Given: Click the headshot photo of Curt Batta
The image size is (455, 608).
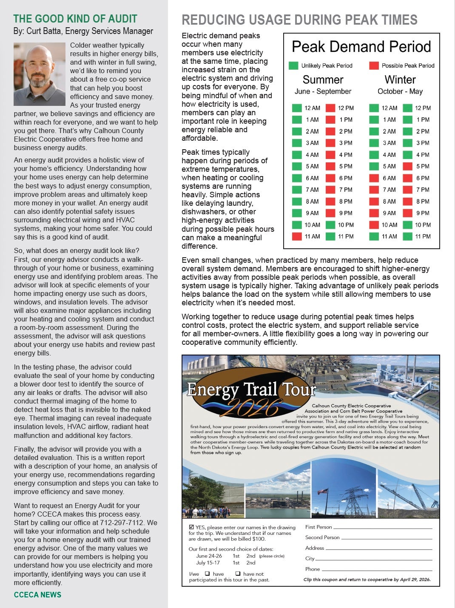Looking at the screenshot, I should pyautogui.click(x=40, y=74).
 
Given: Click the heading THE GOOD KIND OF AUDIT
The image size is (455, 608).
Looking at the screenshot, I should pyautogui.click(x=75, y=19).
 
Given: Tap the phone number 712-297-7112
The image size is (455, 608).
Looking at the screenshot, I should pyautogui.click(x=123, y=523).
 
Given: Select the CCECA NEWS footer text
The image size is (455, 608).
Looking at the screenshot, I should pyautogui.click(x=37, y=595).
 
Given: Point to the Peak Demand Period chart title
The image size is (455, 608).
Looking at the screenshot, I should pyautogui.click(x=361, y=47).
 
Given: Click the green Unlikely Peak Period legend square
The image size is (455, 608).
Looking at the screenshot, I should pyautogui.click(x=293, y=65).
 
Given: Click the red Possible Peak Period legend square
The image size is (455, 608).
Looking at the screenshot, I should pyautogui.click(x=374, y=65).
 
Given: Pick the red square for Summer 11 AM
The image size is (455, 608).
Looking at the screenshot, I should pyautogui.click(x=297, y=236).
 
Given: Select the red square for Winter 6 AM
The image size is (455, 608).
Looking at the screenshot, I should pyautogui.click(x=374, y=178).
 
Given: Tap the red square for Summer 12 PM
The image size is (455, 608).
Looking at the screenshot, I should pyautogui.click(x=330, y=108).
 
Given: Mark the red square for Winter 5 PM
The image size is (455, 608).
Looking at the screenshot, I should pyautogui.click(x=407, y=166).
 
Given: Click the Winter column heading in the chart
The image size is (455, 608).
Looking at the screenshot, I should pyautogui.click(x=400, y=80).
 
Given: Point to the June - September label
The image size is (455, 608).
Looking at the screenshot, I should pyautogui.click(x=323, y=91).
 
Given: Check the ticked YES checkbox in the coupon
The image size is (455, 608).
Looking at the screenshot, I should pyautogui.click(x=191, y=527).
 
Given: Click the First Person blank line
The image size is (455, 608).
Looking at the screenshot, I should pyautogui.click(x=383, y=528).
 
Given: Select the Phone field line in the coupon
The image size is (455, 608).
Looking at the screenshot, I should pyautogui.click(x=377, y=570).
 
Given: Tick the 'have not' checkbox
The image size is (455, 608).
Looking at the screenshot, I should pyautogui.click(x=238, y=574).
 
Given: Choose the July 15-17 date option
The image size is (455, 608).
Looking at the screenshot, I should pyautogui.click(x=208, y=563).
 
